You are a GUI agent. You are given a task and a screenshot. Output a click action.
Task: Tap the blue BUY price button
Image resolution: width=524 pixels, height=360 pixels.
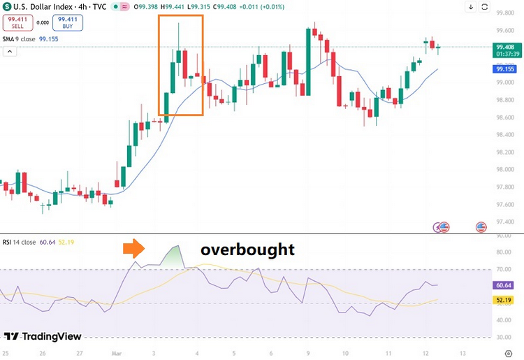[68, 22]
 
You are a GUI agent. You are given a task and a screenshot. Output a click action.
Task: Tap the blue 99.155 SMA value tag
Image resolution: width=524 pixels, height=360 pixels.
[504, 69]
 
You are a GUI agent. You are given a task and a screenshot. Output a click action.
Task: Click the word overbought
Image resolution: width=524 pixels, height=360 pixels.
[247, 250]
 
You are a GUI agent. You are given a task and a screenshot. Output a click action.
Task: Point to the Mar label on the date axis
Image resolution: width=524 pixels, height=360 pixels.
[116, 353]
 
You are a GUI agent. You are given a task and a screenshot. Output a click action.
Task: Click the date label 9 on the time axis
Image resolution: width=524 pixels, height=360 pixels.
[307, 353]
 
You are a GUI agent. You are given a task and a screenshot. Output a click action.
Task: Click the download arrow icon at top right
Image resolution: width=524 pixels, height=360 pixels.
[491, 7]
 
